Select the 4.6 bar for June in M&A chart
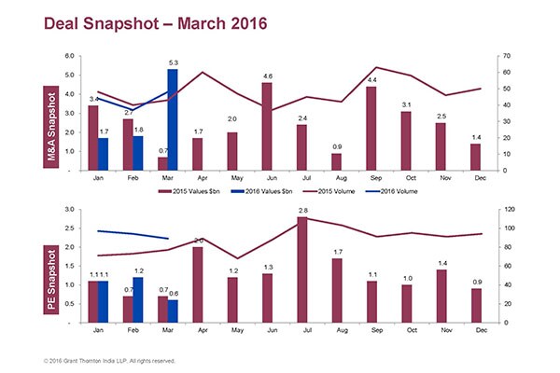coord(267,127)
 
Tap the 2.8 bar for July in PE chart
coord(302,270)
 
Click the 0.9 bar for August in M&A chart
coord(336,161)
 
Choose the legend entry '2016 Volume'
coord(397,190)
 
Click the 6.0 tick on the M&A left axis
coord(69,56)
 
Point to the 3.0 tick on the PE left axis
coord(69,209)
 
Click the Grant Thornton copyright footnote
coord(108,360)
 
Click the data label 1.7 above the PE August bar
coord(336,252)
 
